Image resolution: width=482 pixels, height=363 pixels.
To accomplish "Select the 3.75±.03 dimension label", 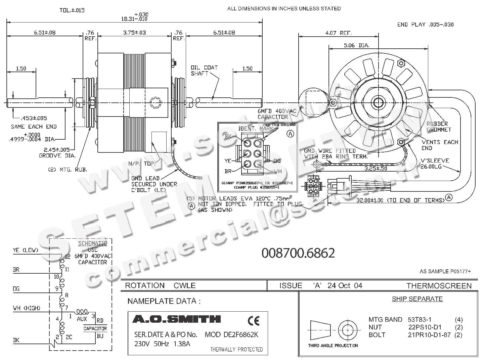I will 134,33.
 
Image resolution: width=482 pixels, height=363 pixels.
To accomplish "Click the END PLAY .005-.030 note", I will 425,25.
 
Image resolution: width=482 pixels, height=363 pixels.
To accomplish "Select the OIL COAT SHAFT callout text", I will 204,71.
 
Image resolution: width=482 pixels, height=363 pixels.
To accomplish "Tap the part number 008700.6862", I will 298,253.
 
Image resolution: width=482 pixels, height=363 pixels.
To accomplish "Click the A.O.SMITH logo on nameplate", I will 176,319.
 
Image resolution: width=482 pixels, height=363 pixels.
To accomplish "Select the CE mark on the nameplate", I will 253,321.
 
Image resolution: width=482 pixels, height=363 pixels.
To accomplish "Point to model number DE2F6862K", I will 231,335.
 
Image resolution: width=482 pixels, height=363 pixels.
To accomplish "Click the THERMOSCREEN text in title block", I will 439,286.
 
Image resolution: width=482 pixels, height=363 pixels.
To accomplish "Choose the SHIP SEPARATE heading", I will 417,299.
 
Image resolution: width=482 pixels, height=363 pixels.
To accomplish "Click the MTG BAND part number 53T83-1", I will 420,319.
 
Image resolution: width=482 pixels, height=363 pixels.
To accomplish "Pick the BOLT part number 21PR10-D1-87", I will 429,335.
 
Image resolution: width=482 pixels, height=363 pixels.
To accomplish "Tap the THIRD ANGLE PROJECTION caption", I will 333,345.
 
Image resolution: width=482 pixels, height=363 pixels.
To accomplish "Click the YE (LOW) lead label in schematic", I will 26,250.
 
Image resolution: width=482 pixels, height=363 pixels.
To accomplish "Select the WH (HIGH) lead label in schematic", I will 27,308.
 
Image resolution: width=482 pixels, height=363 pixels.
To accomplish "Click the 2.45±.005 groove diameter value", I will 57,149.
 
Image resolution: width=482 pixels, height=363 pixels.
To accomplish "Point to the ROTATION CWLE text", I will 160,286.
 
